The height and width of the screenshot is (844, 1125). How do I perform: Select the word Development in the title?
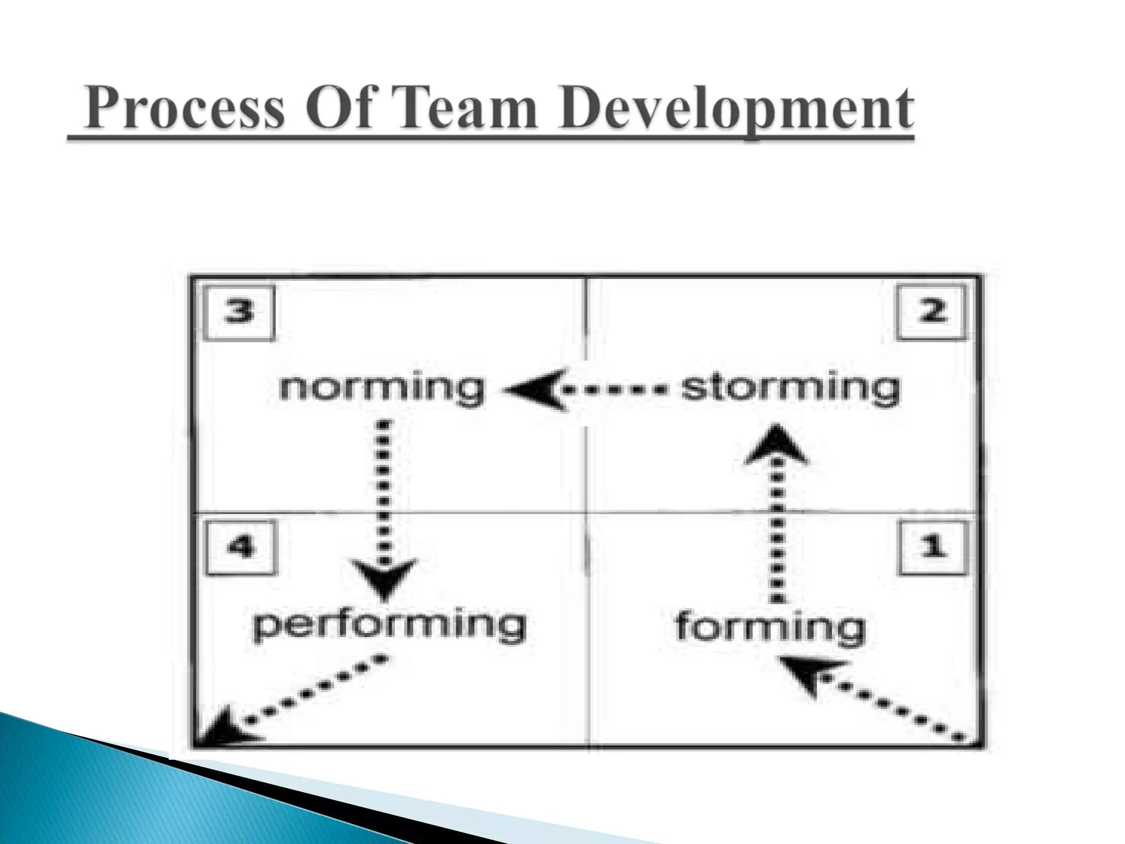736,110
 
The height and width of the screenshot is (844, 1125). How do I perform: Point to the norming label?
382,389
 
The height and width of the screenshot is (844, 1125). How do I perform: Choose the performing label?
389,626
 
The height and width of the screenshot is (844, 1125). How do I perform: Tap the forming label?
770,628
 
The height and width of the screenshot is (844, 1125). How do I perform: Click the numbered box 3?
239,313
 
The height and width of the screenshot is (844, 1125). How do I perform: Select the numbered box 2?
932,312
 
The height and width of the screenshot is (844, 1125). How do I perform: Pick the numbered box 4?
241,547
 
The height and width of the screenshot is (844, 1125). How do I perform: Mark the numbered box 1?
932,547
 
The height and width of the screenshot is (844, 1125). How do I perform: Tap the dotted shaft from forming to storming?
776,533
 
